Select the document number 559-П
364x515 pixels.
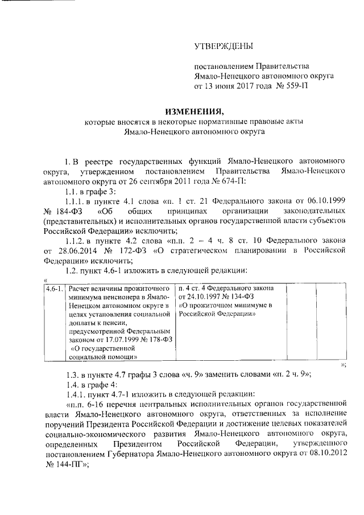pyautogui.click(x=299, y=86)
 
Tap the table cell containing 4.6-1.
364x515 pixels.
pyautogui.click(x=55, y=289)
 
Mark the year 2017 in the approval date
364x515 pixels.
pyautogui.click(x=242, y=86)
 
